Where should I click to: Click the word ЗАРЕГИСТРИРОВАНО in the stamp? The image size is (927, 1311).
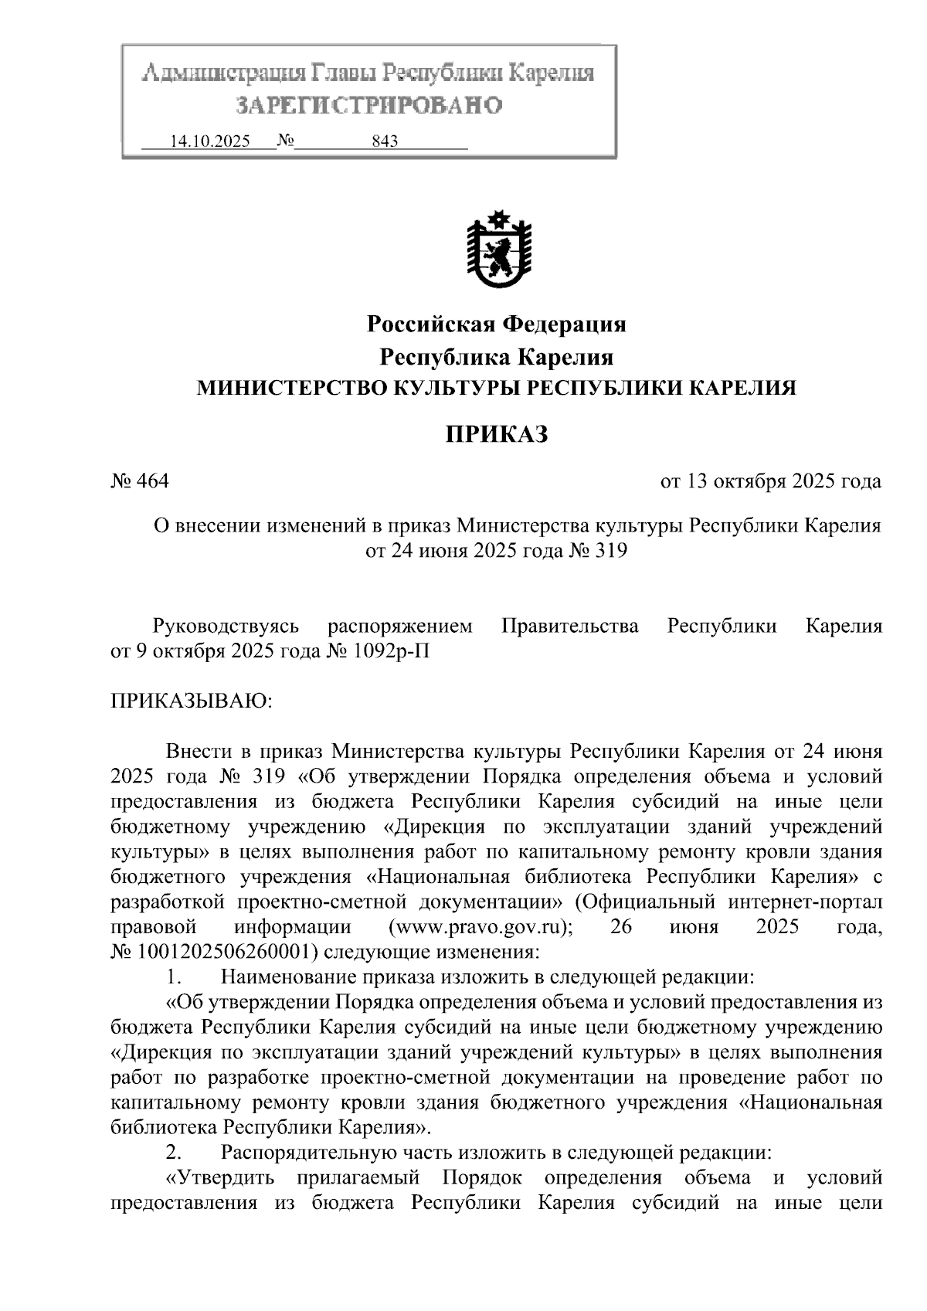pos(368,105)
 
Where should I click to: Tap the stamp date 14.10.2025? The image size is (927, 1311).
pos(209,141)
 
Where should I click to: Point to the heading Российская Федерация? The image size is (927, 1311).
pos(496,324)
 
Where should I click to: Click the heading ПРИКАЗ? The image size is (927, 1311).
pos(496,434)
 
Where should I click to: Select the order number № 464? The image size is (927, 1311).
pos(140,481)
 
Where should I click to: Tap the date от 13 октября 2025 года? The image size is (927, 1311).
pos(770,481)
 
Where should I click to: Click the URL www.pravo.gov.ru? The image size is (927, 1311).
pos(480,926)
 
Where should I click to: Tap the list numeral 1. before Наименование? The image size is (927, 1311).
pos(173,976)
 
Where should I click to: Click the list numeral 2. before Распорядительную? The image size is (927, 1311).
pos(173,1153)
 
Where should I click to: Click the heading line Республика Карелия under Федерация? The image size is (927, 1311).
pos(496,357)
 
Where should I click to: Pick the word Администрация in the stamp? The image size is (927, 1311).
pos(223,74)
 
